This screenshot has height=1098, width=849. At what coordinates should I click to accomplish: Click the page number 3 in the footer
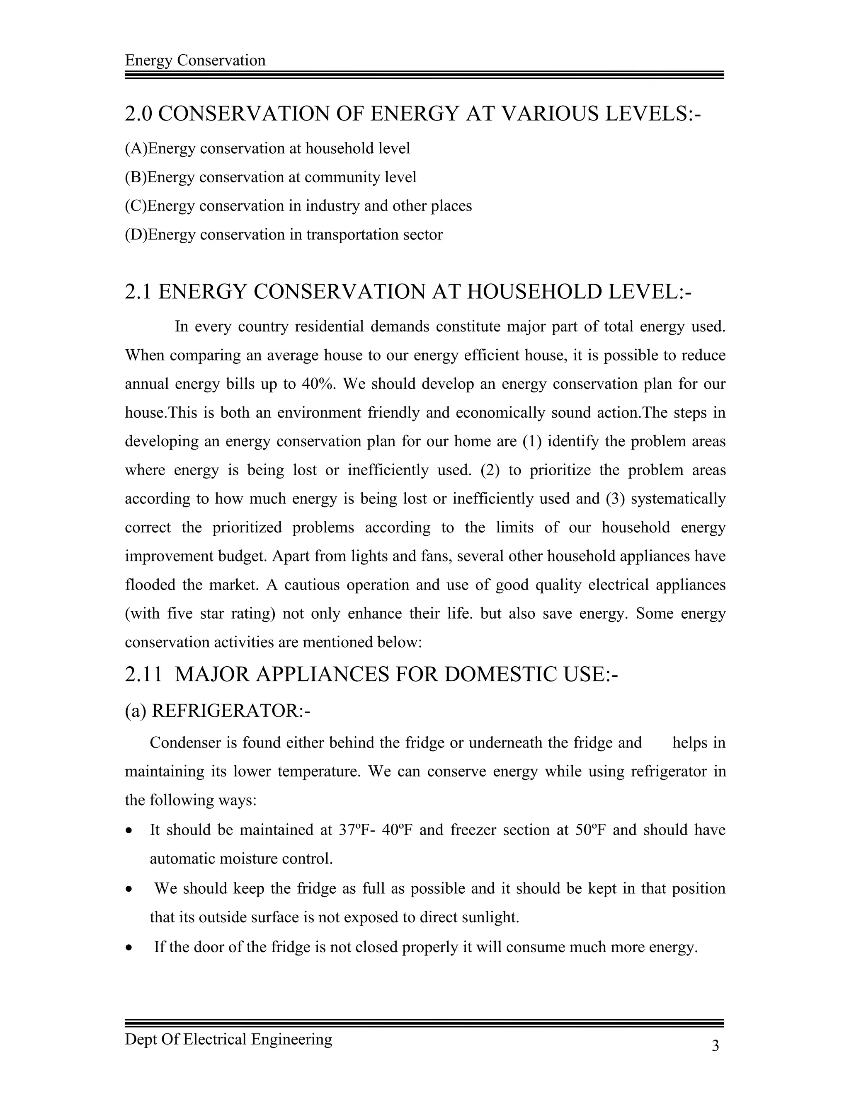coord(715,1046)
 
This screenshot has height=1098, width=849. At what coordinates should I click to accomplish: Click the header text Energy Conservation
coord(195,60)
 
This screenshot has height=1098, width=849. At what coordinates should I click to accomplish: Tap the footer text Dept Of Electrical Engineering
coord(228,1039)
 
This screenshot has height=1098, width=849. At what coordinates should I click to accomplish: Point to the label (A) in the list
coord(136,148)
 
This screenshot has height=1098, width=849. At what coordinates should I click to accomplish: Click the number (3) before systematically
coord(615,499)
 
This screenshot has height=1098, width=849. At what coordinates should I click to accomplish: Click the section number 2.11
coord(144,675)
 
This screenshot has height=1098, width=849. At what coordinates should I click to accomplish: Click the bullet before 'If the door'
coord(130,948)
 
